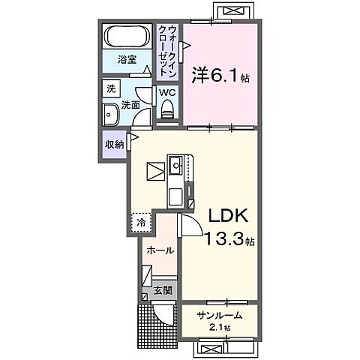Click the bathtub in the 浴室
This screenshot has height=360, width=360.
(x=127, y=36)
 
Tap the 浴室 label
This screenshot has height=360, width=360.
(x=127, y=60)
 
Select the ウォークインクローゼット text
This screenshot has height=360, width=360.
(x=168, y=51)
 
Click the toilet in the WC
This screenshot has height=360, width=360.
(x=167, y=109)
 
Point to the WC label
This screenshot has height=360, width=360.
(x=167, y=93)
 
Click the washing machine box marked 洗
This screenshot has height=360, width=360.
(x=111, y=88)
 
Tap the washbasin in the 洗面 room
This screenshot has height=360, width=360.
(x=110, y=115)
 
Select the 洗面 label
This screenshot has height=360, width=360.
(x=130, y=105)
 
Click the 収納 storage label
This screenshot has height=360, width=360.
(x=115, y=145)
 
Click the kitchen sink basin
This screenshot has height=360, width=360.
(x=176, y=165)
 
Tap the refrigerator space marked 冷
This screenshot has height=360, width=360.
(x=141, y=223)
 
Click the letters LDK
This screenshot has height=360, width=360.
(x=228, y=215)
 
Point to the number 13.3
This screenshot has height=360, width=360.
(x=224, y=238)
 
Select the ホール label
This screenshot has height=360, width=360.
(x=160, y=250)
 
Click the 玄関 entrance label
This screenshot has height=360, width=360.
(x=163, y=290)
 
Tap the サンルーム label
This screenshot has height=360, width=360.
(x=220, y=315)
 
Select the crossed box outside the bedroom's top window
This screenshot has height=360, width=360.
(x=233, y=11)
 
